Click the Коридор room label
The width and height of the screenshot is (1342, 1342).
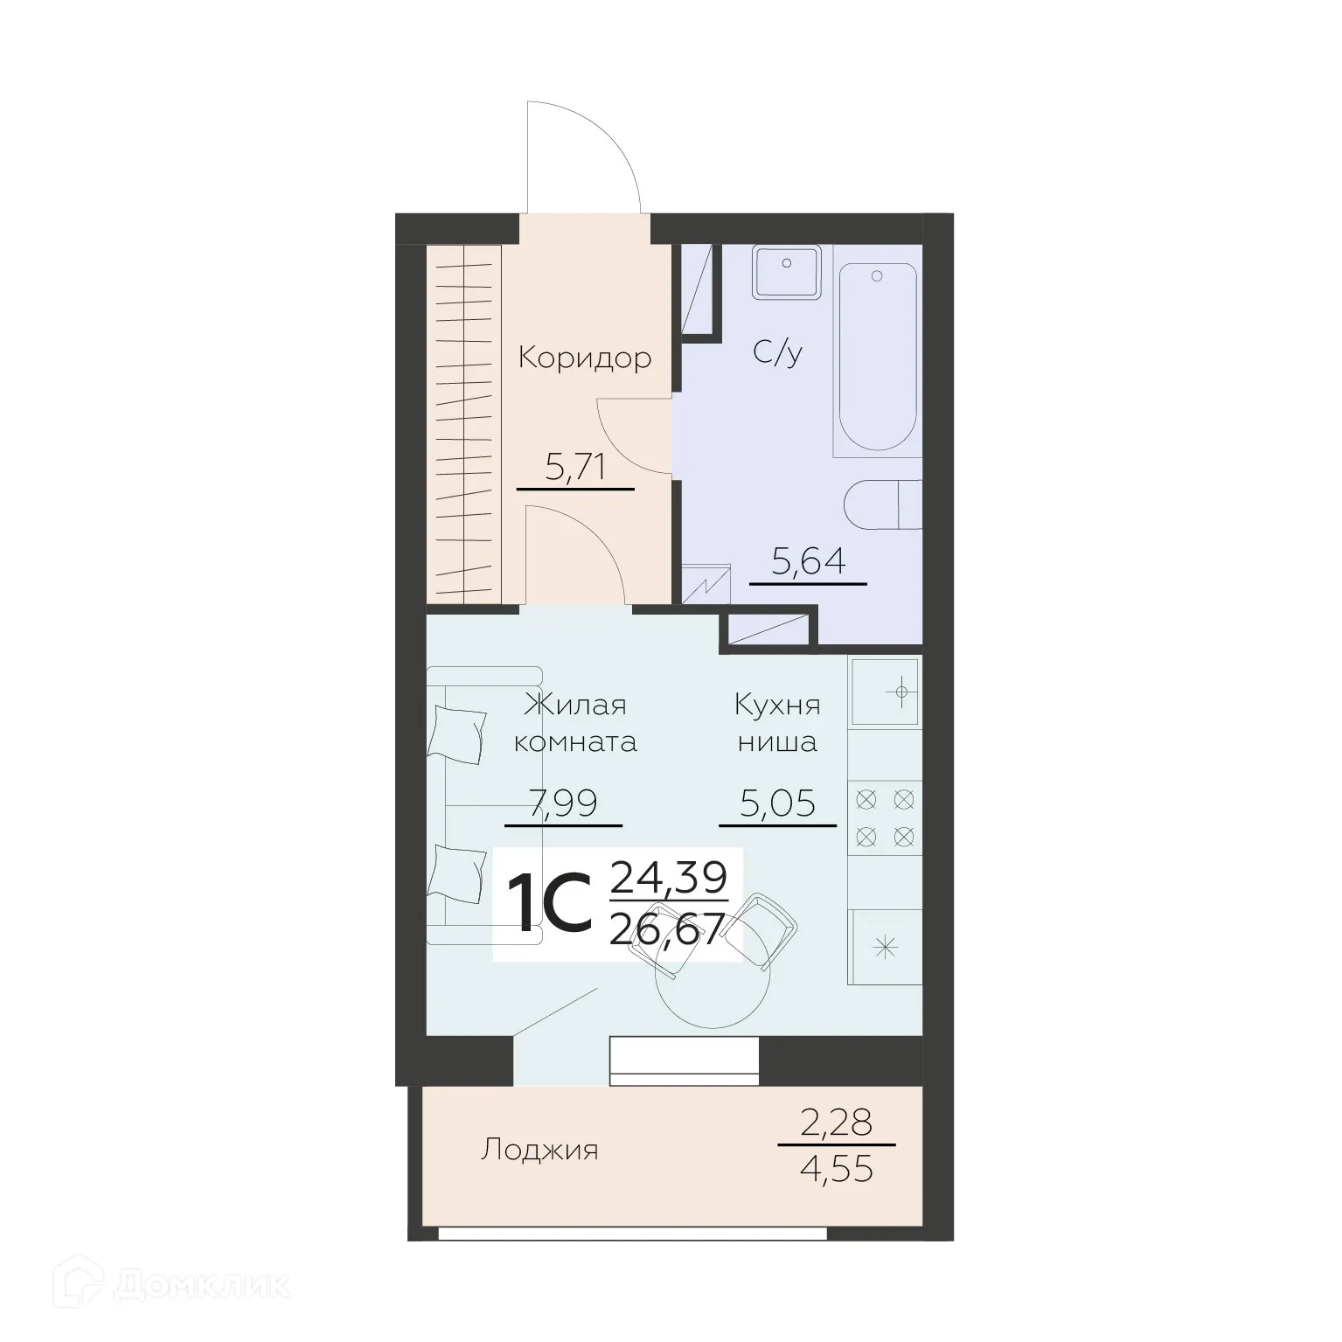tap(584, 358)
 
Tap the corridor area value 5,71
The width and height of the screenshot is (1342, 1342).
tap(574, 469)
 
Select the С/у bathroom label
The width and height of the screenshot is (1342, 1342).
tap(777, 353)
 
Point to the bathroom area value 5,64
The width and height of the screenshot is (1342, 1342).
tap(809, 562)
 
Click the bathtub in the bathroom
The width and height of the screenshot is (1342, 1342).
tap(877, 358)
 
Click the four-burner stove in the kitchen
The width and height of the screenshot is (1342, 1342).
tap(885, 817)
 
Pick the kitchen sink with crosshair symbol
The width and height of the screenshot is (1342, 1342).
tap(885, 692)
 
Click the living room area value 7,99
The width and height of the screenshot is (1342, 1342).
tap(563, 803)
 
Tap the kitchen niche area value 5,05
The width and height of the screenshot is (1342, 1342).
tap(777, 803)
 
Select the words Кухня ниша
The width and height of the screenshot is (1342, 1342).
tap(777, 724)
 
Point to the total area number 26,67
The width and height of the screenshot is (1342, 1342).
tap(668, 928)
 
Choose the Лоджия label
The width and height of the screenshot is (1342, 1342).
tap(539, 1150)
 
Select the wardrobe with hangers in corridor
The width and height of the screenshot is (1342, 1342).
tap(463, 424)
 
